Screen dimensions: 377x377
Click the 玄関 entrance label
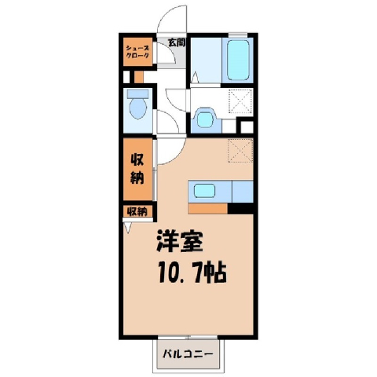point(177,42)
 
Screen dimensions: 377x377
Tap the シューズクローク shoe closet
point(138,52)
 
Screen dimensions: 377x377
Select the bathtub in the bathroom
point(238,60)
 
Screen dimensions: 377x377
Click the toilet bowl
point(137,108)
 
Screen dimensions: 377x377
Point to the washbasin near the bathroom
point(206,118)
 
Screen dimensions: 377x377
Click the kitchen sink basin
point(204,190)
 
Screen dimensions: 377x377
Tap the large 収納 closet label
point(137,169)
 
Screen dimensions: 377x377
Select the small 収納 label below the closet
point(137,211)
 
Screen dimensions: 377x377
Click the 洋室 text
point(180,240)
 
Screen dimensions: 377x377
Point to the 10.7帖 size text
point(192,273)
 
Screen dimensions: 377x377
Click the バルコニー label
point(188,354)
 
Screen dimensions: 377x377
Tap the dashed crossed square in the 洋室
point(240,151)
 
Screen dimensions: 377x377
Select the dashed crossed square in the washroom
point(240,101)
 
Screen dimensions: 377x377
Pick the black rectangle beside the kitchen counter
point(240,209)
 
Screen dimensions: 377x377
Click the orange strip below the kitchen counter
point(208,209)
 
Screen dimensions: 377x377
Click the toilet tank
point(137,93)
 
